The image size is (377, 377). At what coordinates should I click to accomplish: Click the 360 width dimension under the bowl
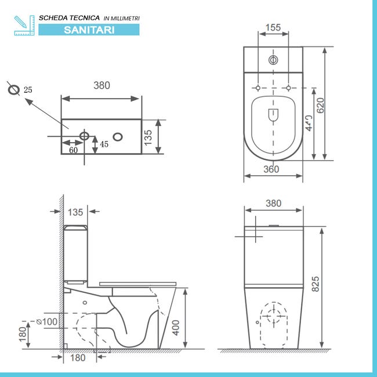[x=271, y=169]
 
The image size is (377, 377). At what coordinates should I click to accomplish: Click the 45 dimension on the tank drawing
[x=104, y=144]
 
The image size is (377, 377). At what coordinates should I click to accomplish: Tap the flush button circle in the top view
[x=273, y=59]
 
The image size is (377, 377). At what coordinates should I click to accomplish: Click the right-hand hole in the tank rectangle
[x=118, y=137]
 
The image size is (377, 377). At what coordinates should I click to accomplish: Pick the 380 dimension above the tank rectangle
[x=101, y=85]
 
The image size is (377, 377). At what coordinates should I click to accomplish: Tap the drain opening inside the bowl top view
[x=273, y=115]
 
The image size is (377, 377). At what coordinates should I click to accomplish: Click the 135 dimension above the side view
[x=76, y=211]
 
